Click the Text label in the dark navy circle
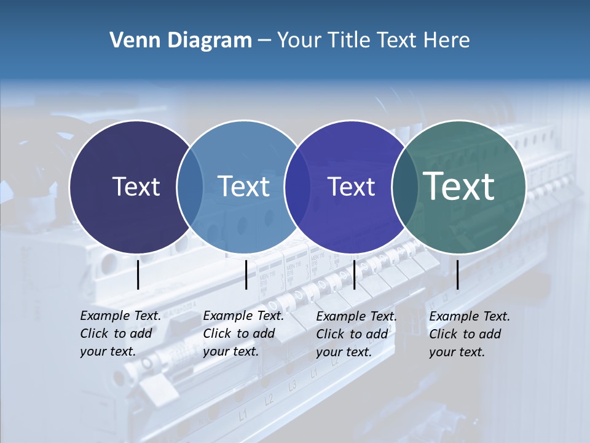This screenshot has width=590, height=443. pyautogui.click(x=136, y=186)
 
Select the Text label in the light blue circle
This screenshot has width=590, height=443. pyautogui.click(x=244, y=186)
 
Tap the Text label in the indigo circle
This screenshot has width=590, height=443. pyautogui.click(x=351, y=186)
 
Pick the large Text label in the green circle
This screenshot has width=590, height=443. pyautogui.click(x=459, y=186)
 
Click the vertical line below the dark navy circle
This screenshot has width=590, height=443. pyautogui.click(x=138, y=274)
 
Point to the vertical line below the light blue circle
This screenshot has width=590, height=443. pyautogui.click(x=246, y=274)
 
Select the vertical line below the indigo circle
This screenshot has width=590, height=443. pyautogui.click(x=354, y=274)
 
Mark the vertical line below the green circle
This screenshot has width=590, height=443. pyautogui.click(x=457, y=274)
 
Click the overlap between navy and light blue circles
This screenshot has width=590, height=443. pyautogui.click(x=190, y=186)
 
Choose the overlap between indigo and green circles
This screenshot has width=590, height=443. pyautogui.click(x=403, y=186)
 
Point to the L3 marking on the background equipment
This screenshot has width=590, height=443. pyautogui.click(x=292, y=386)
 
